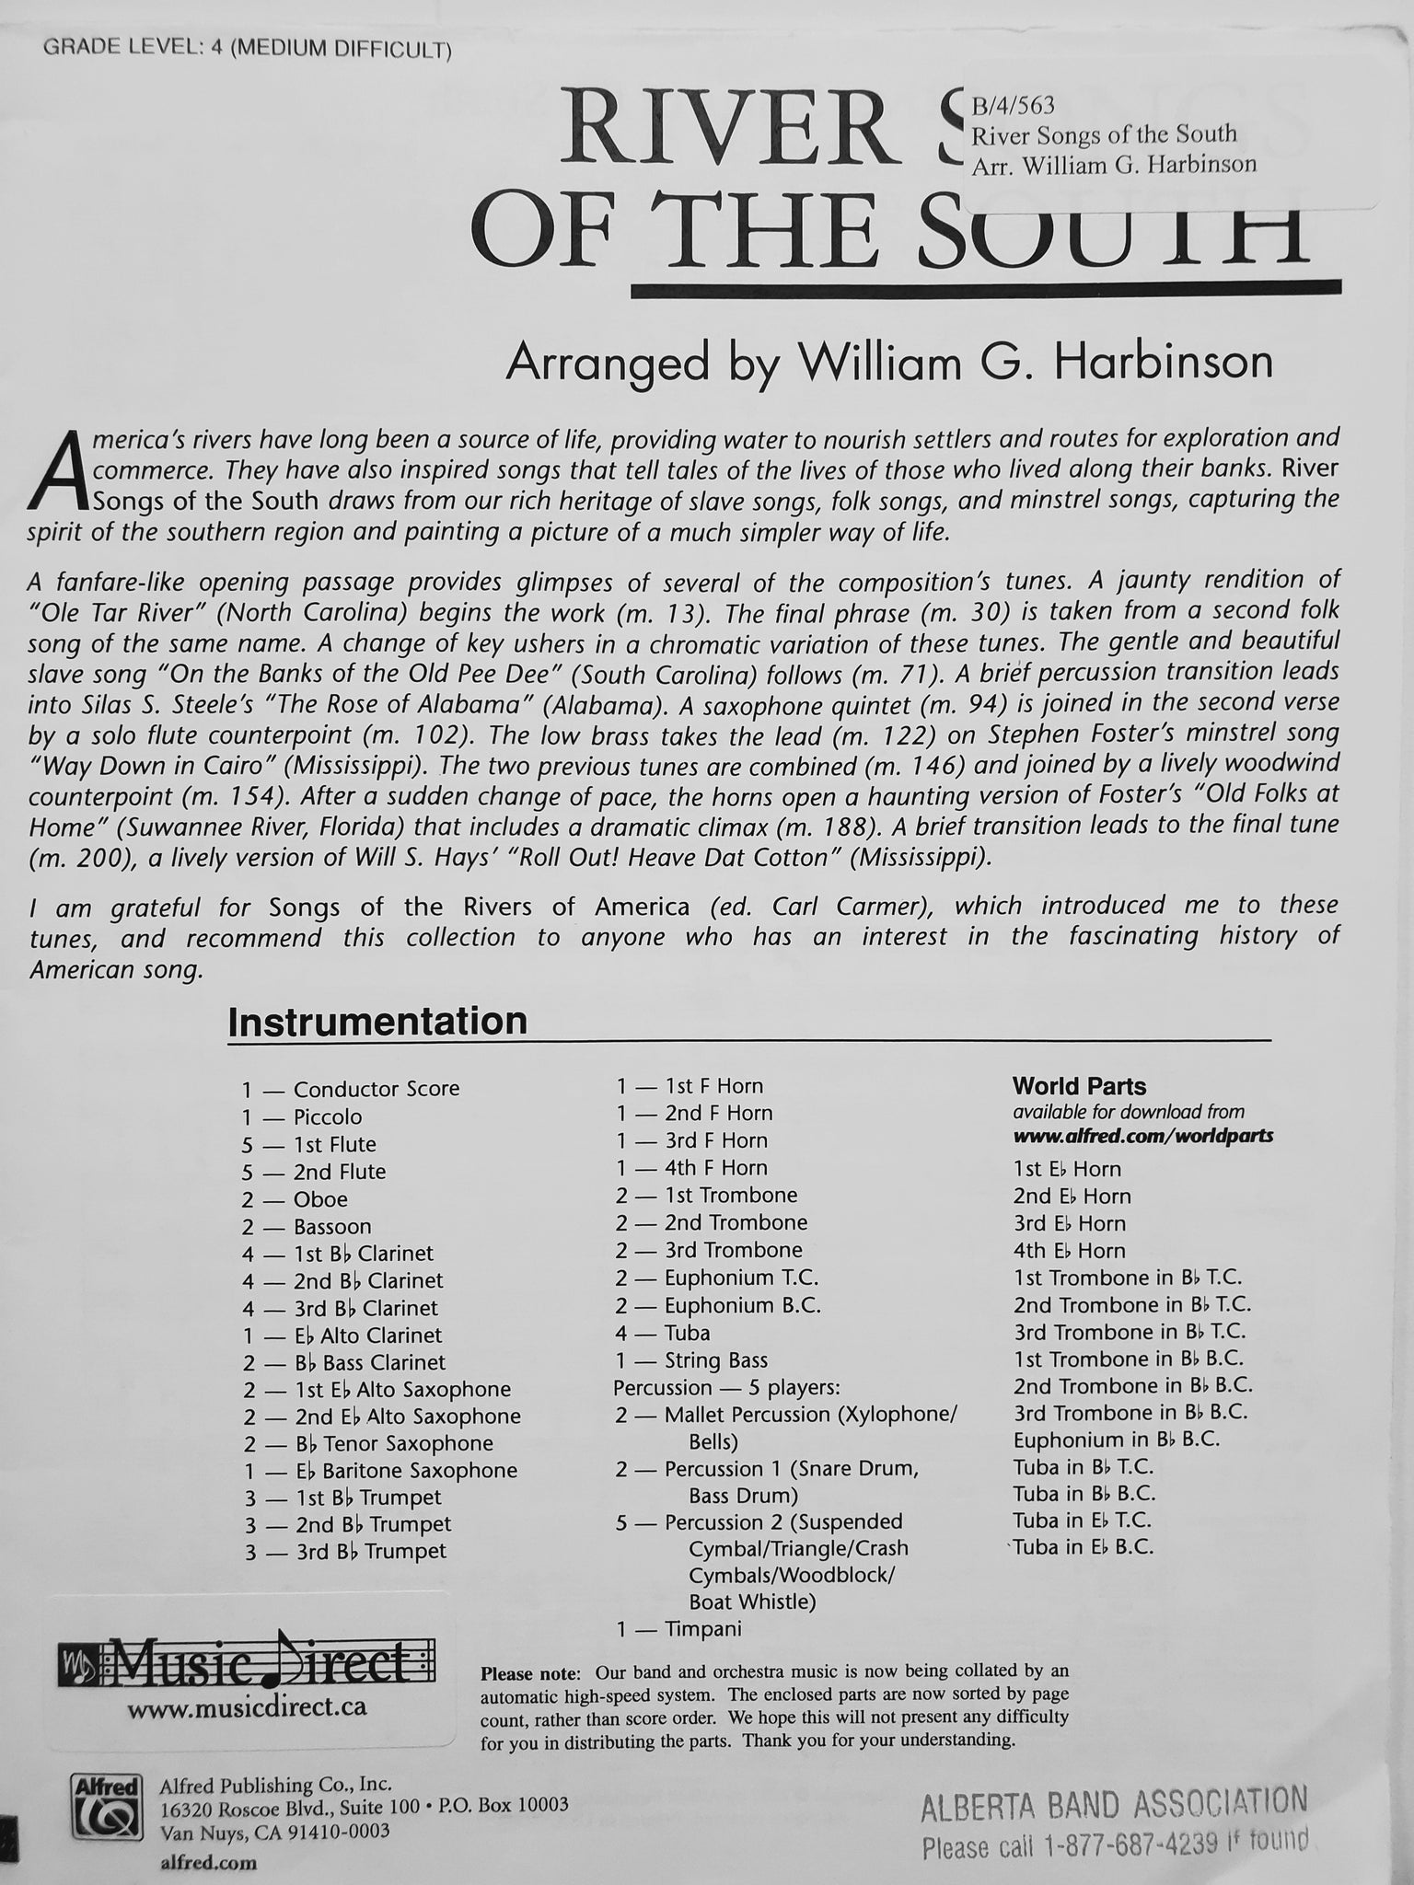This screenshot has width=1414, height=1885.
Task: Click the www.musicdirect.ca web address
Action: [247, 1706]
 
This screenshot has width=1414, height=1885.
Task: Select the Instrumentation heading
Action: [377, 1022]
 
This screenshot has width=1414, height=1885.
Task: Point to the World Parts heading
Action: [1079, 1086]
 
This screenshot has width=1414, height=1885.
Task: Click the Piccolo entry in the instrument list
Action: [327, 1116]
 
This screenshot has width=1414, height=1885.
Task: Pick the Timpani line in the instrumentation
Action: [702, 1628]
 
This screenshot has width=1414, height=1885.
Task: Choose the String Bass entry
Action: [715, 1359]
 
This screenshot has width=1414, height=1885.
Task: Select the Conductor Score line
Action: [376, 1089]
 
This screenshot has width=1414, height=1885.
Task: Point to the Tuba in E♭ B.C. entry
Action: [1084, 1546]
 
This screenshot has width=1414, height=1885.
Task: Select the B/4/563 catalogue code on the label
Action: [1014, 106]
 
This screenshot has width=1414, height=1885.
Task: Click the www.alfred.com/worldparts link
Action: [1142, 1135]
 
